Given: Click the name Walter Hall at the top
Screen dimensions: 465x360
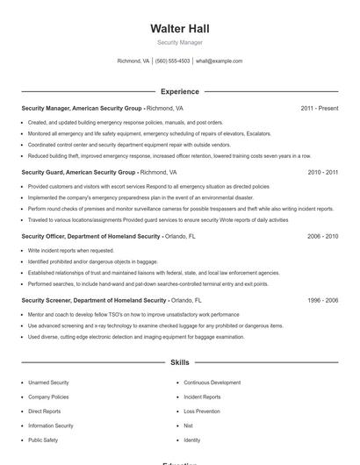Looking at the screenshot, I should [x=180, y=29].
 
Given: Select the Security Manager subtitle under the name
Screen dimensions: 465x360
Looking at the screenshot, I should [x=180, y=42].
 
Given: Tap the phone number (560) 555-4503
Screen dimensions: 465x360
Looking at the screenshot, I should [x=173, y=61].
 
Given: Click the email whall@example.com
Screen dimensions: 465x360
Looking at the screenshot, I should [x=219, y=61].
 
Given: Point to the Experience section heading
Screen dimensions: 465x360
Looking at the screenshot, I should [x=180, y=91].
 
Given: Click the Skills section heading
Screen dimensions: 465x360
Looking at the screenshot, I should [x=180, y=361].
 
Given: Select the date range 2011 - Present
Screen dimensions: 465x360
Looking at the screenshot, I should [x=319, y=109].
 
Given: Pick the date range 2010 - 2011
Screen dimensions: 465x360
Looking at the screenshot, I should [x=322, y=173].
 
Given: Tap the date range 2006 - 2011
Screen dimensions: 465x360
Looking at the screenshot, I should [x=322, y=237].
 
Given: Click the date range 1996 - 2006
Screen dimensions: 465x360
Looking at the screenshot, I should [x=322, y=300].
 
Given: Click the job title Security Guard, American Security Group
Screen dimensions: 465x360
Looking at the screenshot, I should [x=78, y=173].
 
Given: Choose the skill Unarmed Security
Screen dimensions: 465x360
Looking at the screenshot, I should [x=48, y=383].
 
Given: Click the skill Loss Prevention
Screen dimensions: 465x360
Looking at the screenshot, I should [x=202, y=411].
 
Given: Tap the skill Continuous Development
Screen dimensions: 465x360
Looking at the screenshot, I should [x=212, y=383].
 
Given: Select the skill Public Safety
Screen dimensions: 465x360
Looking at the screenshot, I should [x=43, y=440].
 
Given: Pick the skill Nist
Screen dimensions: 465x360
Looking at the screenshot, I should [x=188, y=426].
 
